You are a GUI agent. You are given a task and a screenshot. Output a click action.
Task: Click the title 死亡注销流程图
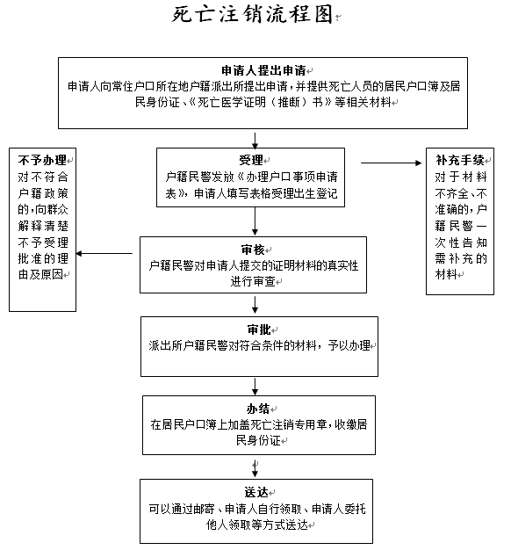click(x=252, y=15)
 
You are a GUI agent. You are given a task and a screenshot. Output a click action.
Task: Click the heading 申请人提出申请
click(x=263, y=70)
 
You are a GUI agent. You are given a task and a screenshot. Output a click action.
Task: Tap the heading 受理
click(x=251, y=160)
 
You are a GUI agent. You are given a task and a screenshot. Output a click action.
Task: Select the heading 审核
click(x=253, y=250)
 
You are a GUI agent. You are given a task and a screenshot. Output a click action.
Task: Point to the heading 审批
click(x=259, y=329)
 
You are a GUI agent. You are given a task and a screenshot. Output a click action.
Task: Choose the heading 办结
click(x=258, y=409)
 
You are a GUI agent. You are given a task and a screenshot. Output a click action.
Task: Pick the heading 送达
click(x=256, y=492)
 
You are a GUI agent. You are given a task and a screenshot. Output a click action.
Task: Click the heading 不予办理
click(x=42, y=160)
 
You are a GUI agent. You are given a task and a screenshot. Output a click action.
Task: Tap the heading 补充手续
click(x=460, y=160)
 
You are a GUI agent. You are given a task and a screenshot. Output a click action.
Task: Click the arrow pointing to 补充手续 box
click(x=391, y=163)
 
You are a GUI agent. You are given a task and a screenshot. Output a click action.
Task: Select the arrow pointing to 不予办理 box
click(x=104, y=253)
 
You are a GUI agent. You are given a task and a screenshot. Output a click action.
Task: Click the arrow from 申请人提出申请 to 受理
click(x=255, y=141)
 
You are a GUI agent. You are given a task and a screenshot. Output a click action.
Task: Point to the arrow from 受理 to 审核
click(x=255, y=221)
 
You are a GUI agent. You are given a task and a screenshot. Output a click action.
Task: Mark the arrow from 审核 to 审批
click(x=255, y=305)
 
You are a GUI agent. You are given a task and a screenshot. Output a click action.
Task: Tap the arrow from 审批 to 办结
click(x=255, y=387)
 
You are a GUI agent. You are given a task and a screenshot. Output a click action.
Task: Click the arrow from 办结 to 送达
click(x=255, y=468)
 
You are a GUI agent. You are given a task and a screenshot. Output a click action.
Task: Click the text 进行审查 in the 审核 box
click(x=253, y=281)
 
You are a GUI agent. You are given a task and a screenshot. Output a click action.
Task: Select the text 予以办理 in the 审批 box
click(x=349, y=345)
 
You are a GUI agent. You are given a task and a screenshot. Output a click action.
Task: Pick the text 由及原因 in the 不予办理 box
click(x=40, y=274)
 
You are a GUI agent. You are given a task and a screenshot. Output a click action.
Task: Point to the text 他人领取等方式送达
click(x=257, y=525)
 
